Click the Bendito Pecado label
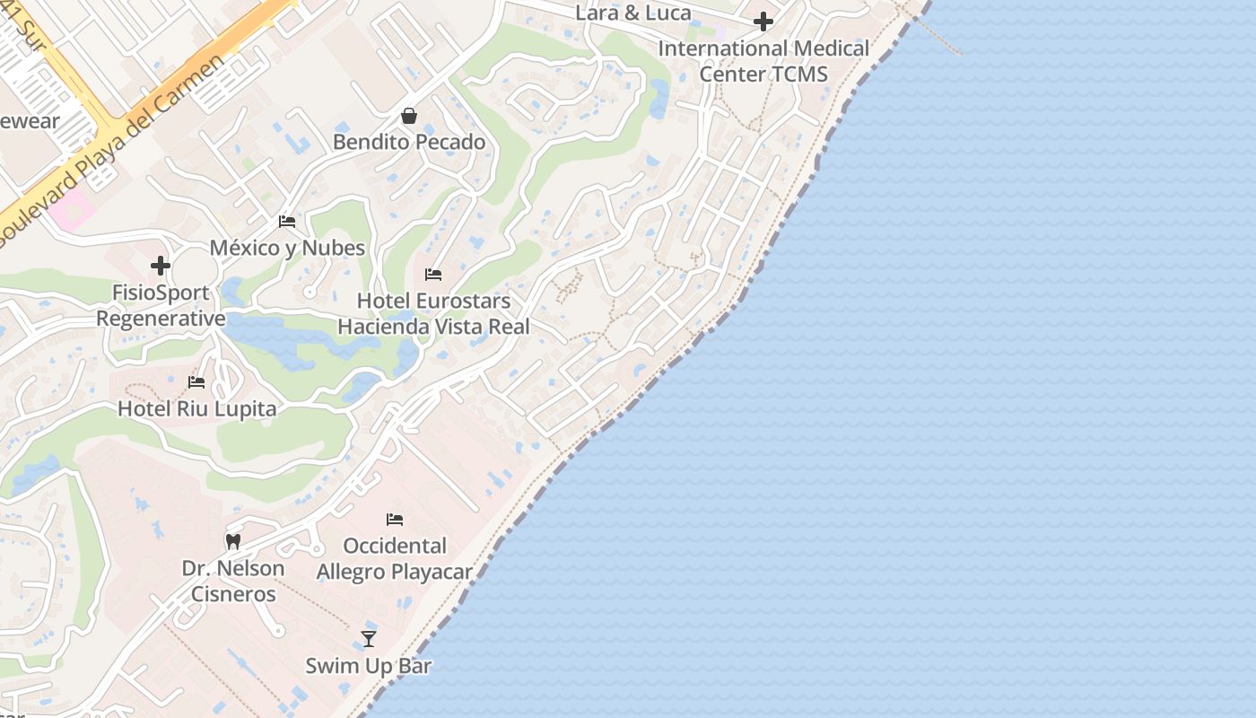point(409,142)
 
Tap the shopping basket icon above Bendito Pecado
point(409,116)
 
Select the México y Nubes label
point(287,248)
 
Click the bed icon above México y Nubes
point(287,222)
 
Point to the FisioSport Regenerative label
point(161,305)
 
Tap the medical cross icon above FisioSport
point(161,266)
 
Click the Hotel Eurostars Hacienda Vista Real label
point(433,313)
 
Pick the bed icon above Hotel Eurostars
point(433,274)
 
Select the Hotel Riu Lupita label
point(197,409)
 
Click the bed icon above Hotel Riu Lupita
point(196,382)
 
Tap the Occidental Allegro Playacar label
point(395,558)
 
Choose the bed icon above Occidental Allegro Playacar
point(395,519)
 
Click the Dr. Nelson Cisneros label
point(233,581)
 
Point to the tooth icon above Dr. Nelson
point(233,541)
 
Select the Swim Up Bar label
point(369,666)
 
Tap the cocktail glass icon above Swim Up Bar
point(368,638)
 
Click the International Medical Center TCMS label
point(763,61)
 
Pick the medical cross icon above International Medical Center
point(763,22)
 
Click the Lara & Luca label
point(633,13)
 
